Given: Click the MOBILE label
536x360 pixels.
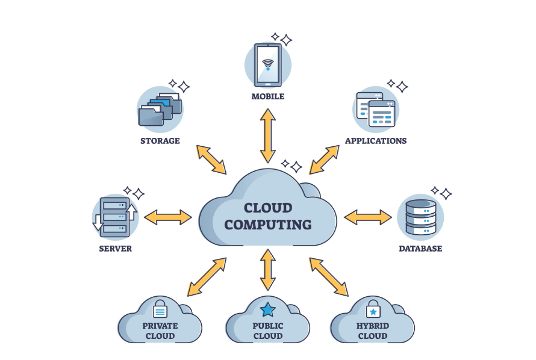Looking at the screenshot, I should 268,96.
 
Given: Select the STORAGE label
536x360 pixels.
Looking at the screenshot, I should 160,141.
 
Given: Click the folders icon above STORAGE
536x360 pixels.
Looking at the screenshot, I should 160,109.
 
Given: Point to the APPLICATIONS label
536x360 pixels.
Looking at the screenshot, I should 376,141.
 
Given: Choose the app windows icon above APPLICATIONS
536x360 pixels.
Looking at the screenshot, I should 376,110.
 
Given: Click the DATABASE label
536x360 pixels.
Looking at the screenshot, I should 420,249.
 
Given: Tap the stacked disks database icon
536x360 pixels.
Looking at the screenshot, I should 420,217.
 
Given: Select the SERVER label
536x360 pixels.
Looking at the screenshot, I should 115,249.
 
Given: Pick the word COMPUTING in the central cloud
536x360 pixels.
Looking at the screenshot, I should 268,225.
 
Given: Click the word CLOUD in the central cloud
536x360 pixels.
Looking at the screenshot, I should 268,208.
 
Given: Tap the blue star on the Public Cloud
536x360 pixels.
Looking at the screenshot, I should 267,310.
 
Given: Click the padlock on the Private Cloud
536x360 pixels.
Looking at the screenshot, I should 160,308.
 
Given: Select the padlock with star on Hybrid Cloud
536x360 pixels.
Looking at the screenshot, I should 373,309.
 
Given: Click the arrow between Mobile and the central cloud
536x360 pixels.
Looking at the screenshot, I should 268,136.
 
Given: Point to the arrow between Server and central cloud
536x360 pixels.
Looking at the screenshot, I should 168,217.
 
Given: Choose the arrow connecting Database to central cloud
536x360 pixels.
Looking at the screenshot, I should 367,217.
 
